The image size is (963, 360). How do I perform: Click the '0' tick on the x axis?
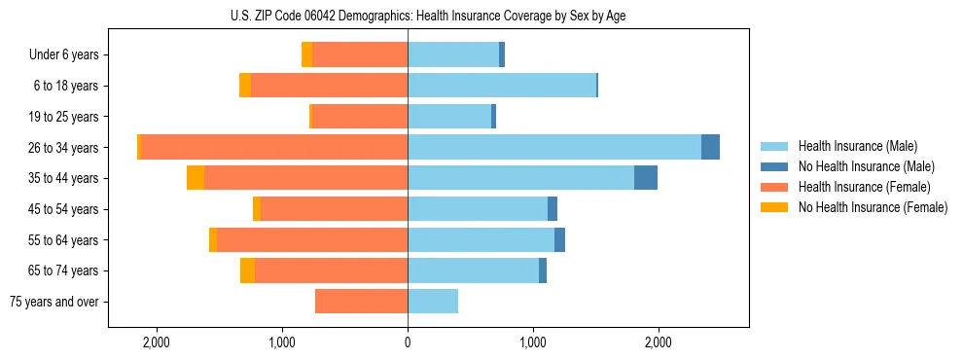click(x=408, y=342)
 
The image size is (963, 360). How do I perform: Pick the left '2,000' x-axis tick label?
click(x=157, y=342)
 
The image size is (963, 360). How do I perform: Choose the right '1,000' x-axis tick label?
click(x=533, y=342)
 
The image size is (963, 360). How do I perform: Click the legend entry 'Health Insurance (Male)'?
click(x=857, y=146)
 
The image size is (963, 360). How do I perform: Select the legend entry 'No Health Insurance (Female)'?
click(x=873, y=207)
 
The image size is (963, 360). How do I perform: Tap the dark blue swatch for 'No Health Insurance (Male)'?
click(x=774, y=166)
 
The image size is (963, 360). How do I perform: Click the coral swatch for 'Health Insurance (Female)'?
click(x=774, y=187)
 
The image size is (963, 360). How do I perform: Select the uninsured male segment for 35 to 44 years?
click(x=646, y=178)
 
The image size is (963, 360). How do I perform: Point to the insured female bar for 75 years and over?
click(x=361, y=302)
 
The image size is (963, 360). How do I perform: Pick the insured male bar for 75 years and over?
click(x=433, y=302)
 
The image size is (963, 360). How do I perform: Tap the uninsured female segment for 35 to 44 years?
click(x=196, y=178)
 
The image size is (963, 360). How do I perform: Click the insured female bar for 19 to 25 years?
click(x=360, y=117)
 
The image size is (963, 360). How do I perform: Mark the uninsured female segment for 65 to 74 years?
click(x=247, y=270)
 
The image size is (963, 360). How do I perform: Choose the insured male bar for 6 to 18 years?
click(x=501, y=86)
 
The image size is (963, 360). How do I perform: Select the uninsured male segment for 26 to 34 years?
click(x=710, y=147)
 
